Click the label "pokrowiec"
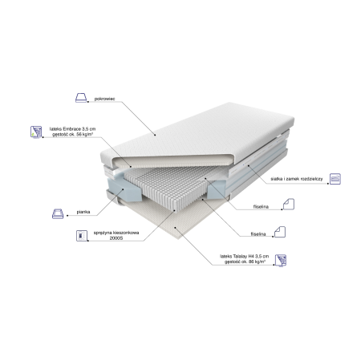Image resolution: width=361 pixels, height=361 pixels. tap(104, 99)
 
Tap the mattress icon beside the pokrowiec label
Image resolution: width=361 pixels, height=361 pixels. tap(81, 98)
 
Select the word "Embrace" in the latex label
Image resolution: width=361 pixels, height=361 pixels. tap(71, 129)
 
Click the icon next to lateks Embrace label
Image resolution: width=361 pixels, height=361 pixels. tap(36, 132)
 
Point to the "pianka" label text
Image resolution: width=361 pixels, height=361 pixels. tap(83, 212)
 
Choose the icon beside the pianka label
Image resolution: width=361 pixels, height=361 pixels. tap(58, 213)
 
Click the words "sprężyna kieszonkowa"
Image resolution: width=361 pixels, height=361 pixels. tap(116, 233)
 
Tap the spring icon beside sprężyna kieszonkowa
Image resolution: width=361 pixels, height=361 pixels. tap(82, 236)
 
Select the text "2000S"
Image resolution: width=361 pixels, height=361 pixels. tap(116, 238)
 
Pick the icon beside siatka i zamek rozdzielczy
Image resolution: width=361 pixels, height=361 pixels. tap(335, 179)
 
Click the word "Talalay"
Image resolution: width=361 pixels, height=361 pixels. tap(238, 256)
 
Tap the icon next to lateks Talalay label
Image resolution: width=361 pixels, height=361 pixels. tap(281, 260)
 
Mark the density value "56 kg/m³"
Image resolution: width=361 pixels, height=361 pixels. tap(85, 134)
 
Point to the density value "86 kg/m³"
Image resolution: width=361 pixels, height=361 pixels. tap(257, 262)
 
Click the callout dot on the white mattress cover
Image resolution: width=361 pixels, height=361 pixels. tap(155, 135)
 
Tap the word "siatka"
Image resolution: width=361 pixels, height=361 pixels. tap(276, 179)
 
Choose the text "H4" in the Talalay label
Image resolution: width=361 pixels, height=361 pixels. tap(250, 256)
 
